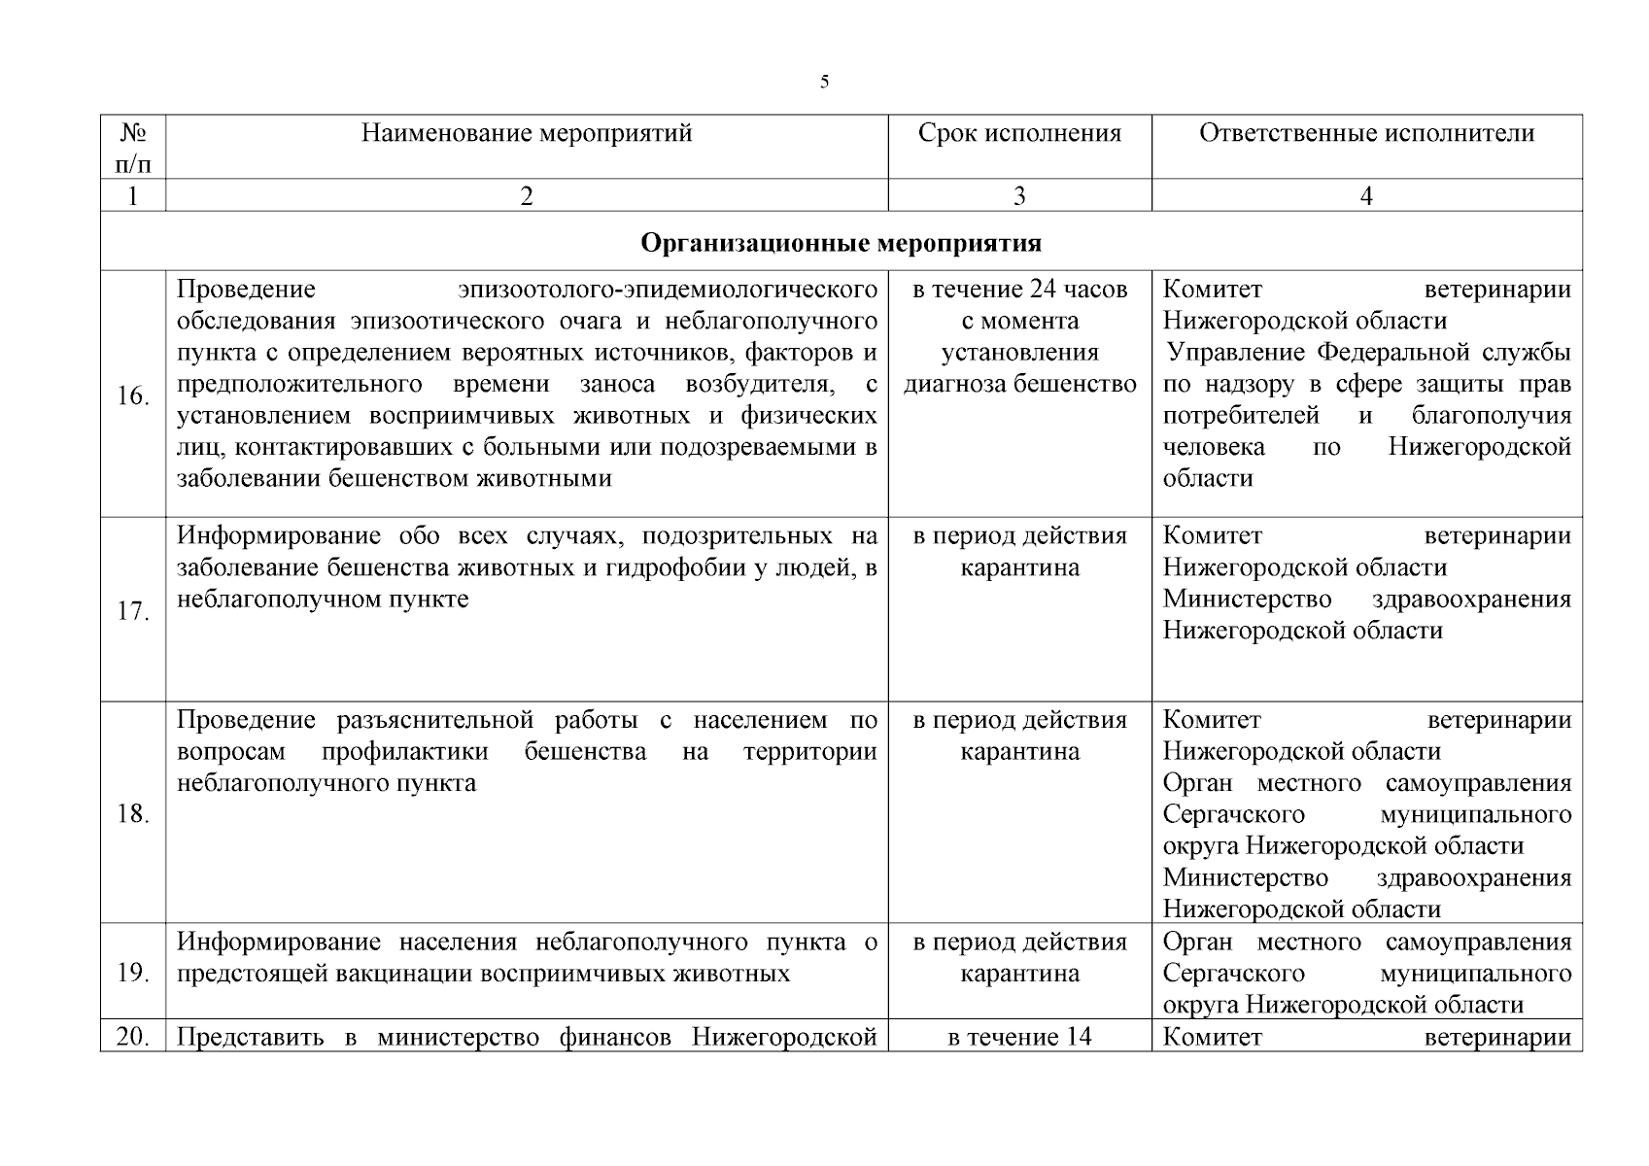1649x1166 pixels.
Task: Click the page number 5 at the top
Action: pos(824,82)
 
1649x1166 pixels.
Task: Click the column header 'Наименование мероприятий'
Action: pos(527,133)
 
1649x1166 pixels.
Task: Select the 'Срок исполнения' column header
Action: pos(1019,133)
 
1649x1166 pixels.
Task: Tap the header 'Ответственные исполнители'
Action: pos(1366,133)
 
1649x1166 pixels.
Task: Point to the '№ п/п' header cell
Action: pos(133,147)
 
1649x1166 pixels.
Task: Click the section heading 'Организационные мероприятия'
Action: pos(841,242)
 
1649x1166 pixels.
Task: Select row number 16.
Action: pos(133,396)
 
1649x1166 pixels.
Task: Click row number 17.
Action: pos(133,612)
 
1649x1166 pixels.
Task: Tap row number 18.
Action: pos(133,814)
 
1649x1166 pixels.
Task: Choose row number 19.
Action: pos(133,973)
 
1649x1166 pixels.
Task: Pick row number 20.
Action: pos(133,1037)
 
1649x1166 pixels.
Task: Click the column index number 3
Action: pos(1019,196)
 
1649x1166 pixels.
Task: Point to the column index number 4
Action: pos(1366,196)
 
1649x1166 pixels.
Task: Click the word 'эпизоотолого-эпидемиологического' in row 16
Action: pos(669,290)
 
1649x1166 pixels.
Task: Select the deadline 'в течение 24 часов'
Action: pos(1019,290)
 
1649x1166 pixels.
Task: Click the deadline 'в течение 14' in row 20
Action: pos(1019,1037)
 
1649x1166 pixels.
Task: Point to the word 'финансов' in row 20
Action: pos(618,1037)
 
